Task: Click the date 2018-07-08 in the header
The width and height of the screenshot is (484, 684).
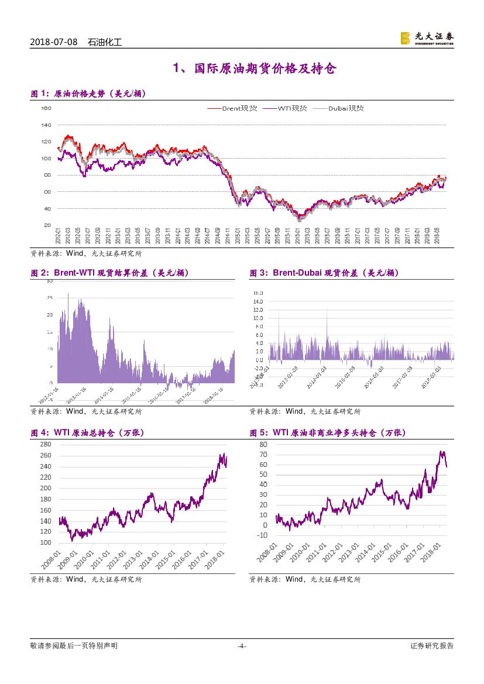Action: pos(53,42)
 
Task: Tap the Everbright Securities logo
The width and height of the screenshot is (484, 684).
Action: pos(427,38)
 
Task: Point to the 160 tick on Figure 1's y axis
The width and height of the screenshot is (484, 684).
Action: pos(46,108)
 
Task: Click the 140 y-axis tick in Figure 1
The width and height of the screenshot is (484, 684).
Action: pos(46,125)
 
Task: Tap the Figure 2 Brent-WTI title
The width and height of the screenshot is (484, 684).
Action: pos(109,273)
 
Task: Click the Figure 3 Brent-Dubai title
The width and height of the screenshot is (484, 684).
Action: pos(324,273)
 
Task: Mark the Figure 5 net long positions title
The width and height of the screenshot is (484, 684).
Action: pos(327,433)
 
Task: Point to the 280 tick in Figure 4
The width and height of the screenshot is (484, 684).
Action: pos(46,445)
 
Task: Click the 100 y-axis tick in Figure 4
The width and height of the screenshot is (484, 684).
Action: pos(46,542)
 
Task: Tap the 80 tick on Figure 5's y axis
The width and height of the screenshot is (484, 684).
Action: pos(263,445)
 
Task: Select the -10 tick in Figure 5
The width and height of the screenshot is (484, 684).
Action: pos(262,535)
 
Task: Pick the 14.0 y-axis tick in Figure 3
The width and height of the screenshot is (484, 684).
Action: pos(258,301)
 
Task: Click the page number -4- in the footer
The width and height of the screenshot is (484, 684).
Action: pos(241,646)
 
